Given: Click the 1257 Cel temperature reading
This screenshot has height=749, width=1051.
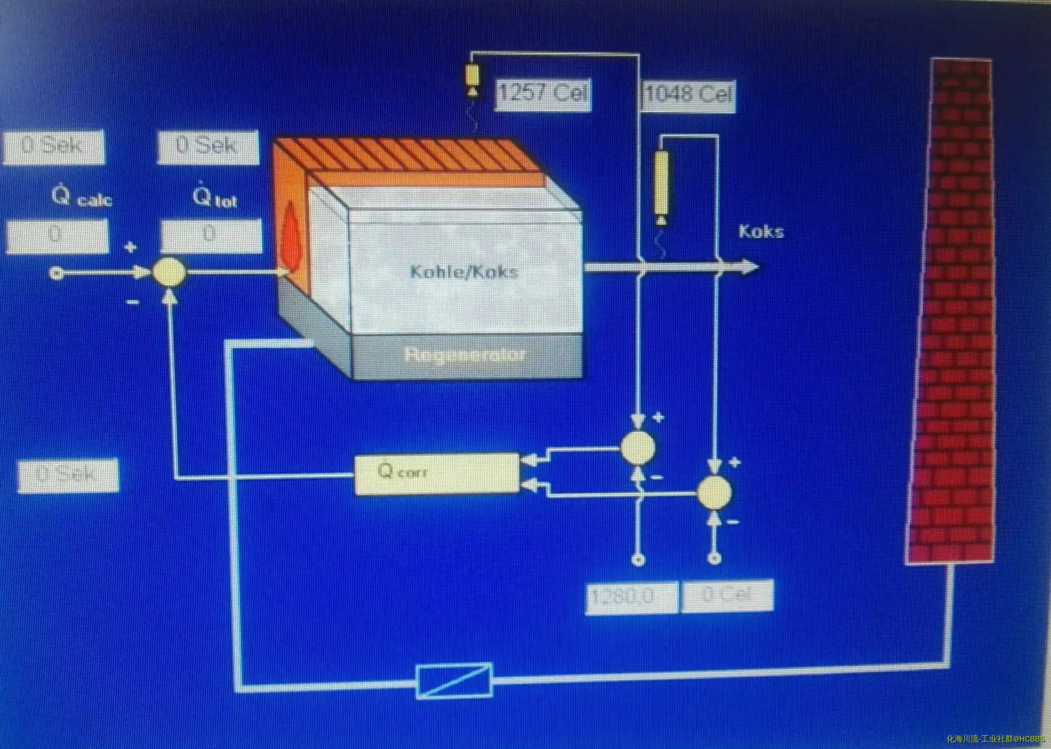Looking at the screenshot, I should click(543, 94).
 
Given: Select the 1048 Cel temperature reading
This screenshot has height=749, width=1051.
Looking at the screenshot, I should click(689, 95).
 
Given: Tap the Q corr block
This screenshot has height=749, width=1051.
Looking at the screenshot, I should click(437, 474).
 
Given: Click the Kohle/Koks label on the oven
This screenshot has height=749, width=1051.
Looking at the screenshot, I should click(464, 272).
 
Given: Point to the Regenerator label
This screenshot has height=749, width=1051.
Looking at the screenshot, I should click(465, 355).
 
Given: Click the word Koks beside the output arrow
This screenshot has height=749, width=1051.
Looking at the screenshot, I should click(761, 232).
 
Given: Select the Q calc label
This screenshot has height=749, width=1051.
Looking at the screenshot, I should click(82, 197).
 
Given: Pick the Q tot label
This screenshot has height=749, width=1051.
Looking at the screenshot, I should click(214, 198).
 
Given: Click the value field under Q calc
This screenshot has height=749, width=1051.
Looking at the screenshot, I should click(57, 236).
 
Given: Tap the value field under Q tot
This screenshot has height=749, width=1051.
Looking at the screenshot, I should click(211, 236).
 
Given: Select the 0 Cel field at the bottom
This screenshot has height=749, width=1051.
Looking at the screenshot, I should click(727, 596).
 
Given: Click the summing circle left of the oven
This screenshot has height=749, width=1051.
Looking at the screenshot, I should click(169, 272).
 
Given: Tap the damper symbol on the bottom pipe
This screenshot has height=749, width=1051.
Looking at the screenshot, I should click(454, 680).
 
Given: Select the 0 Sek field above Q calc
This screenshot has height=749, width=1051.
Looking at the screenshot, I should click(54, 147).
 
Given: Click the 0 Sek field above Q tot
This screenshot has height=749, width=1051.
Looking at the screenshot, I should click(207, 147).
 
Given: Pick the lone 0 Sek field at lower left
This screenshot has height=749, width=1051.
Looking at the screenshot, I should click(68, 475).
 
